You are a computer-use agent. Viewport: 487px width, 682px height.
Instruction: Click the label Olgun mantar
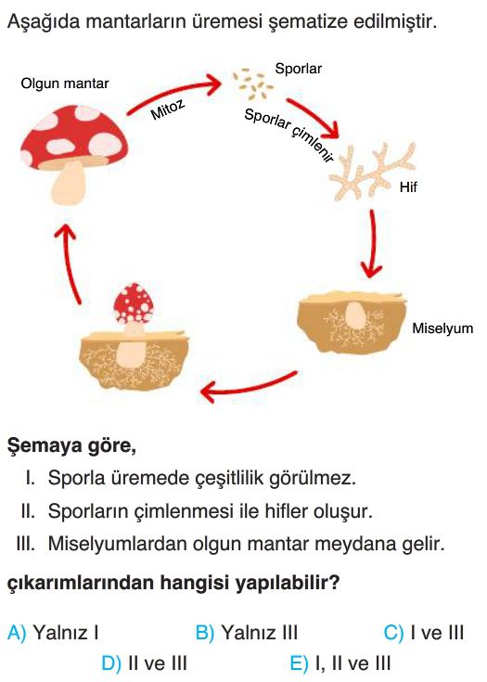[x=65, y=84]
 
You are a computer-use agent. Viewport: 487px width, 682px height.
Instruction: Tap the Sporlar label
[x=299, y=69]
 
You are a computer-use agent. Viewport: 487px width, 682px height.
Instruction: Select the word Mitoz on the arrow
[x=167, y=109]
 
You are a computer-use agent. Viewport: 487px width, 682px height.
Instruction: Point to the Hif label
[x=408, y=187]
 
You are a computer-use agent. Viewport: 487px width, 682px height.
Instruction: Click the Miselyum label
[x=442, y=328]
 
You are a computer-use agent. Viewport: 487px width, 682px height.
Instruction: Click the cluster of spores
[x=253, y=84]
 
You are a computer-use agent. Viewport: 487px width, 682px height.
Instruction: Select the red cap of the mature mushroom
[x=74, y=136]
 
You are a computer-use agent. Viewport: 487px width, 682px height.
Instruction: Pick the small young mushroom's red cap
[x=133, y=303]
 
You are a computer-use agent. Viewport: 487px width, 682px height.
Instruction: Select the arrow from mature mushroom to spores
[x=174, y=93]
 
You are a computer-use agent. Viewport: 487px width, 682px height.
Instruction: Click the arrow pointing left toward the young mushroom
[x=249, y=386]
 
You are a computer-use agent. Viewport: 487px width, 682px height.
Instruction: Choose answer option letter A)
[x=17, y=633]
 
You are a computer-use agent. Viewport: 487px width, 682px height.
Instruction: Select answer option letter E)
[x=299, y=663]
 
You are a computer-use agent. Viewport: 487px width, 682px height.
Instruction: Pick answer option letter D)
[x=111, y=663]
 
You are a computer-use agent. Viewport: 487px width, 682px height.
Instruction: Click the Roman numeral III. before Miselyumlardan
[x=25, y=544]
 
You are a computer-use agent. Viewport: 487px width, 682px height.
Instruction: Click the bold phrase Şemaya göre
[x=71, y=446]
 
